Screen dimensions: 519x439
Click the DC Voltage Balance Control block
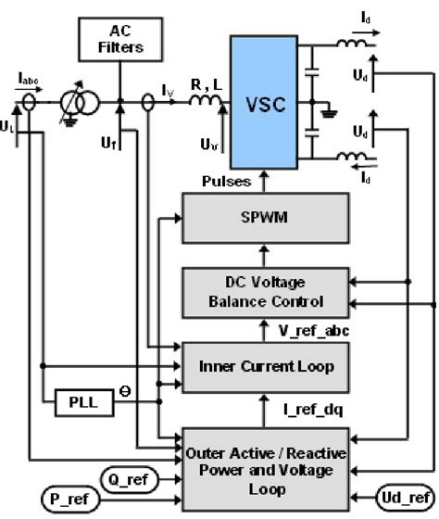[267, 292]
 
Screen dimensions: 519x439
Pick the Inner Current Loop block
[267, 366]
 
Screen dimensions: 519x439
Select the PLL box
[76, 405]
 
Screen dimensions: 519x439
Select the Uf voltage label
[107, 145]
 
